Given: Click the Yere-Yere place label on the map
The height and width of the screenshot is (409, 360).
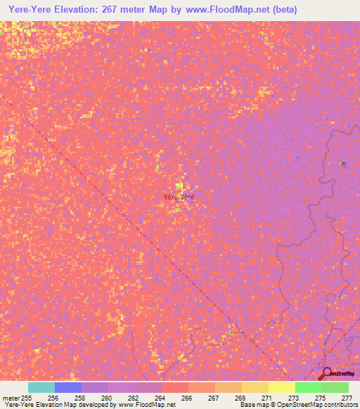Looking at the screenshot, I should (179, 197).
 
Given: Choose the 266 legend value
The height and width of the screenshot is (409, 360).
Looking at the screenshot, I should (186, 398).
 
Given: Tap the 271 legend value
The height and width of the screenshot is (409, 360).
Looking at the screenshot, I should (266, 398).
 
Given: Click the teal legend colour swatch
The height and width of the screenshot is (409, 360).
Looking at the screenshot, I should (41, 387).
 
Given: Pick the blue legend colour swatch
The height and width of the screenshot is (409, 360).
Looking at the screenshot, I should (68, 387).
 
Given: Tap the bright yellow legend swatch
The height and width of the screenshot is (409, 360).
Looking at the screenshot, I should (281, 387).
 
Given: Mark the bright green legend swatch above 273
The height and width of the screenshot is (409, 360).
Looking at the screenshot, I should (308, 387).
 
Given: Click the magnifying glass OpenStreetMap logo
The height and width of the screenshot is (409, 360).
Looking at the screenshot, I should (326, 375).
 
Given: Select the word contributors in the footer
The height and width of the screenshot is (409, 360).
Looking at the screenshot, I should (338, 405).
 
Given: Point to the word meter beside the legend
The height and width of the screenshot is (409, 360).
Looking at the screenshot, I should (11, 398).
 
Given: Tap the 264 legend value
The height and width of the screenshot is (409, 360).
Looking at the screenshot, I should (160, 398).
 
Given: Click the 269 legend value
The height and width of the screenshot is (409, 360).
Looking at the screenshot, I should (239, 398).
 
